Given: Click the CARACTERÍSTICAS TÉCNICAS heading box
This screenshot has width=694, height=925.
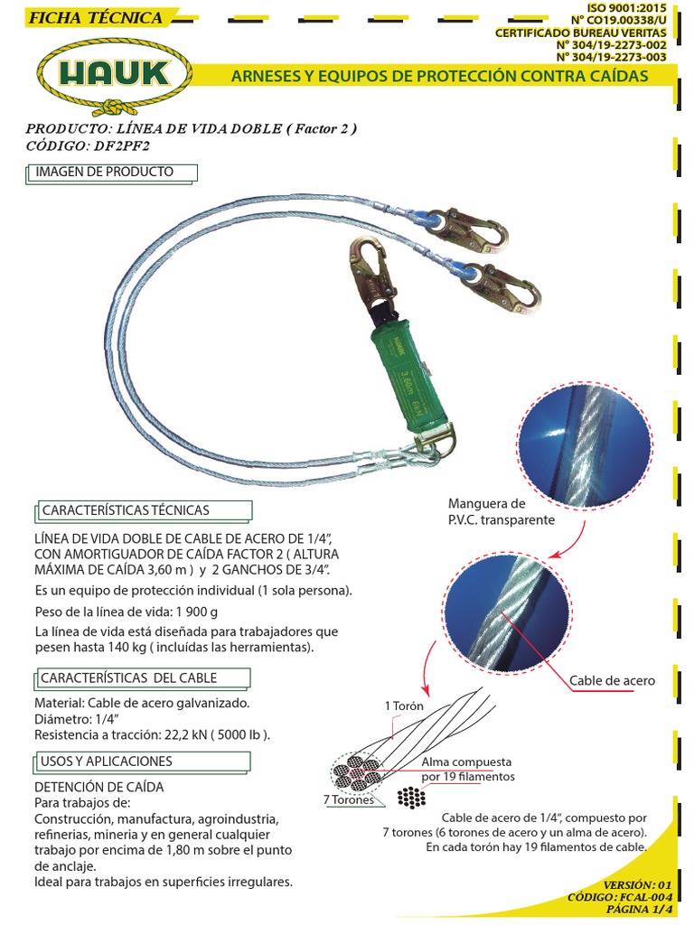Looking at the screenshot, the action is [x=126, y=510].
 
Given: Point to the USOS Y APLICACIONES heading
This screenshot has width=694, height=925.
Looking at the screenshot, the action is [x=107, y=761].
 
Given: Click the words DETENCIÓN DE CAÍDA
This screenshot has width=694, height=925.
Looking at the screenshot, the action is [x=98, y=787].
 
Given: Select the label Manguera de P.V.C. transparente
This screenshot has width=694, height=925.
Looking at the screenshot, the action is [x=502, y=511].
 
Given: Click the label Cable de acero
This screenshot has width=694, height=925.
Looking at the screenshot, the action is [x=613, y=680].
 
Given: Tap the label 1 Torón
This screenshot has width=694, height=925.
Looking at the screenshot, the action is [x=403, y=705].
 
